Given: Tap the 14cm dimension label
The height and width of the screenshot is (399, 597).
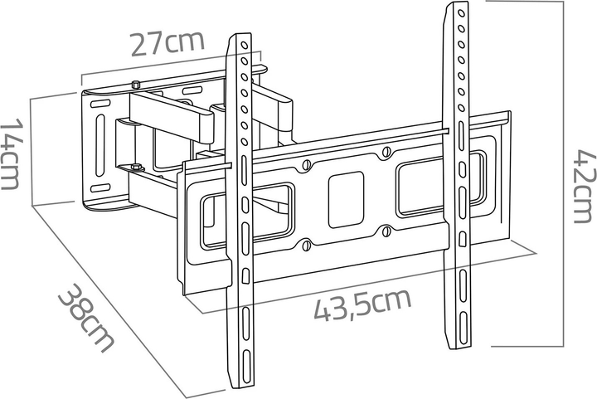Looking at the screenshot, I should tap(11, 153).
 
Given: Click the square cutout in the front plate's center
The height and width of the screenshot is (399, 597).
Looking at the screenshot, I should tap(346, 199).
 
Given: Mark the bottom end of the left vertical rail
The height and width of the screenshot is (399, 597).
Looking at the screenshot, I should tap(238, 386).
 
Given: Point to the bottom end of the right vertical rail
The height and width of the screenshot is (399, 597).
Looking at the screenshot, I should tap(457, 348).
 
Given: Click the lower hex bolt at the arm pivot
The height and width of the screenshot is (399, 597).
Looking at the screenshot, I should tap(133, 171).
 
